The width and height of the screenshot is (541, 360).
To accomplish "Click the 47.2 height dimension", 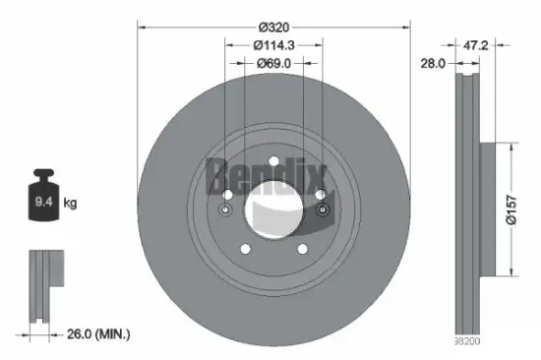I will pyautogui.click(x=477, y=45).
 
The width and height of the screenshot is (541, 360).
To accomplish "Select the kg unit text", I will pyautogui.click(x=71, y=203).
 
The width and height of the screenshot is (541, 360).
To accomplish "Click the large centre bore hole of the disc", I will pyautogui.click(x=273, y=209).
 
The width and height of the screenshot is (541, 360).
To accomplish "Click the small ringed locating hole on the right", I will pyautogui.click(x=322, y=210).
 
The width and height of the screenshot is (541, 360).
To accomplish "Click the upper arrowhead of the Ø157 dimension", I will pyautogui.click(x=511, y=146).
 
